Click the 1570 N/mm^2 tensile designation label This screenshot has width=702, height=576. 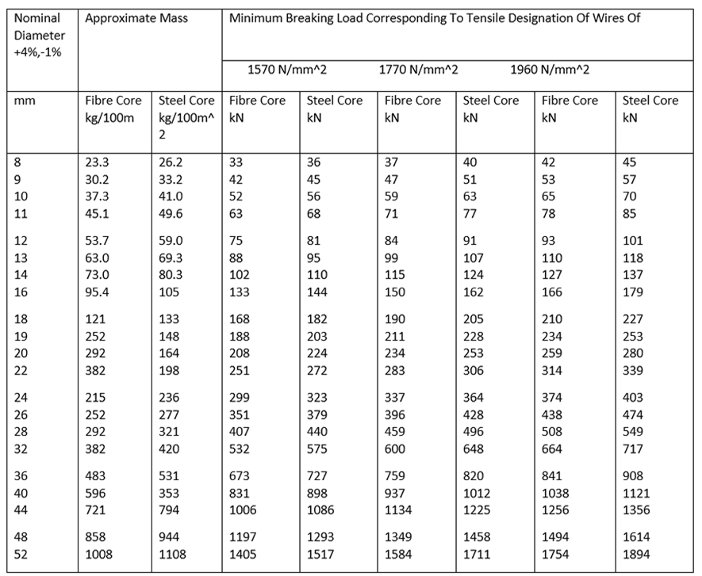point(287,71)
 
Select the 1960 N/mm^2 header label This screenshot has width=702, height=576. point(550,71)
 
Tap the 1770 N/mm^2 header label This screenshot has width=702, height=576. point(418,71)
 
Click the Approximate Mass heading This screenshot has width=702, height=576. point(136,19)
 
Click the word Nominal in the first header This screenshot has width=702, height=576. point(37,18)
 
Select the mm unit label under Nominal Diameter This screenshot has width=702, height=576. point(25,101)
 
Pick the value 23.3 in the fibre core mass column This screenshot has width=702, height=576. point(97,162)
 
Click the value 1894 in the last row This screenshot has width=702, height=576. point(636,555)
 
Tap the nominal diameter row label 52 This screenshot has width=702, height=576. point(21,555)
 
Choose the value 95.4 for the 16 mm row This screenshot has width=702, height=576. point(97,292)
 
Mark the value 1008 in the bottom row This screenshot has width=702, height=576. point(99,555)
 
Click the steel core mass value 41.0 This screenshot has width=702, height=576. point(171,196)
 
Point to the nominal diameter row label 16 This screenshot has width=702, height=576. point(21,292)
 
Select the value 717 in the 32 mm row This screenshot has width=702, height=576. point(633,449)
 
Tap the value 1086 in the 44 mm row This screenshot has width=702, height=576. point(320,510)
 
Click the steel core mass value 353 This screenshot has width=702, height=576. point(169,494)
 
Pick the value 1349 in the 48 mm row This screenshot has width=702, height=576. point(398,537)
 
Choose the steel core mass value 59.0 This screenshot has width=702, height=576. point(171,241)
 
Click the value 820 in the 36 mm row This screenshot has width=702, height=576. point(474,476)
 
